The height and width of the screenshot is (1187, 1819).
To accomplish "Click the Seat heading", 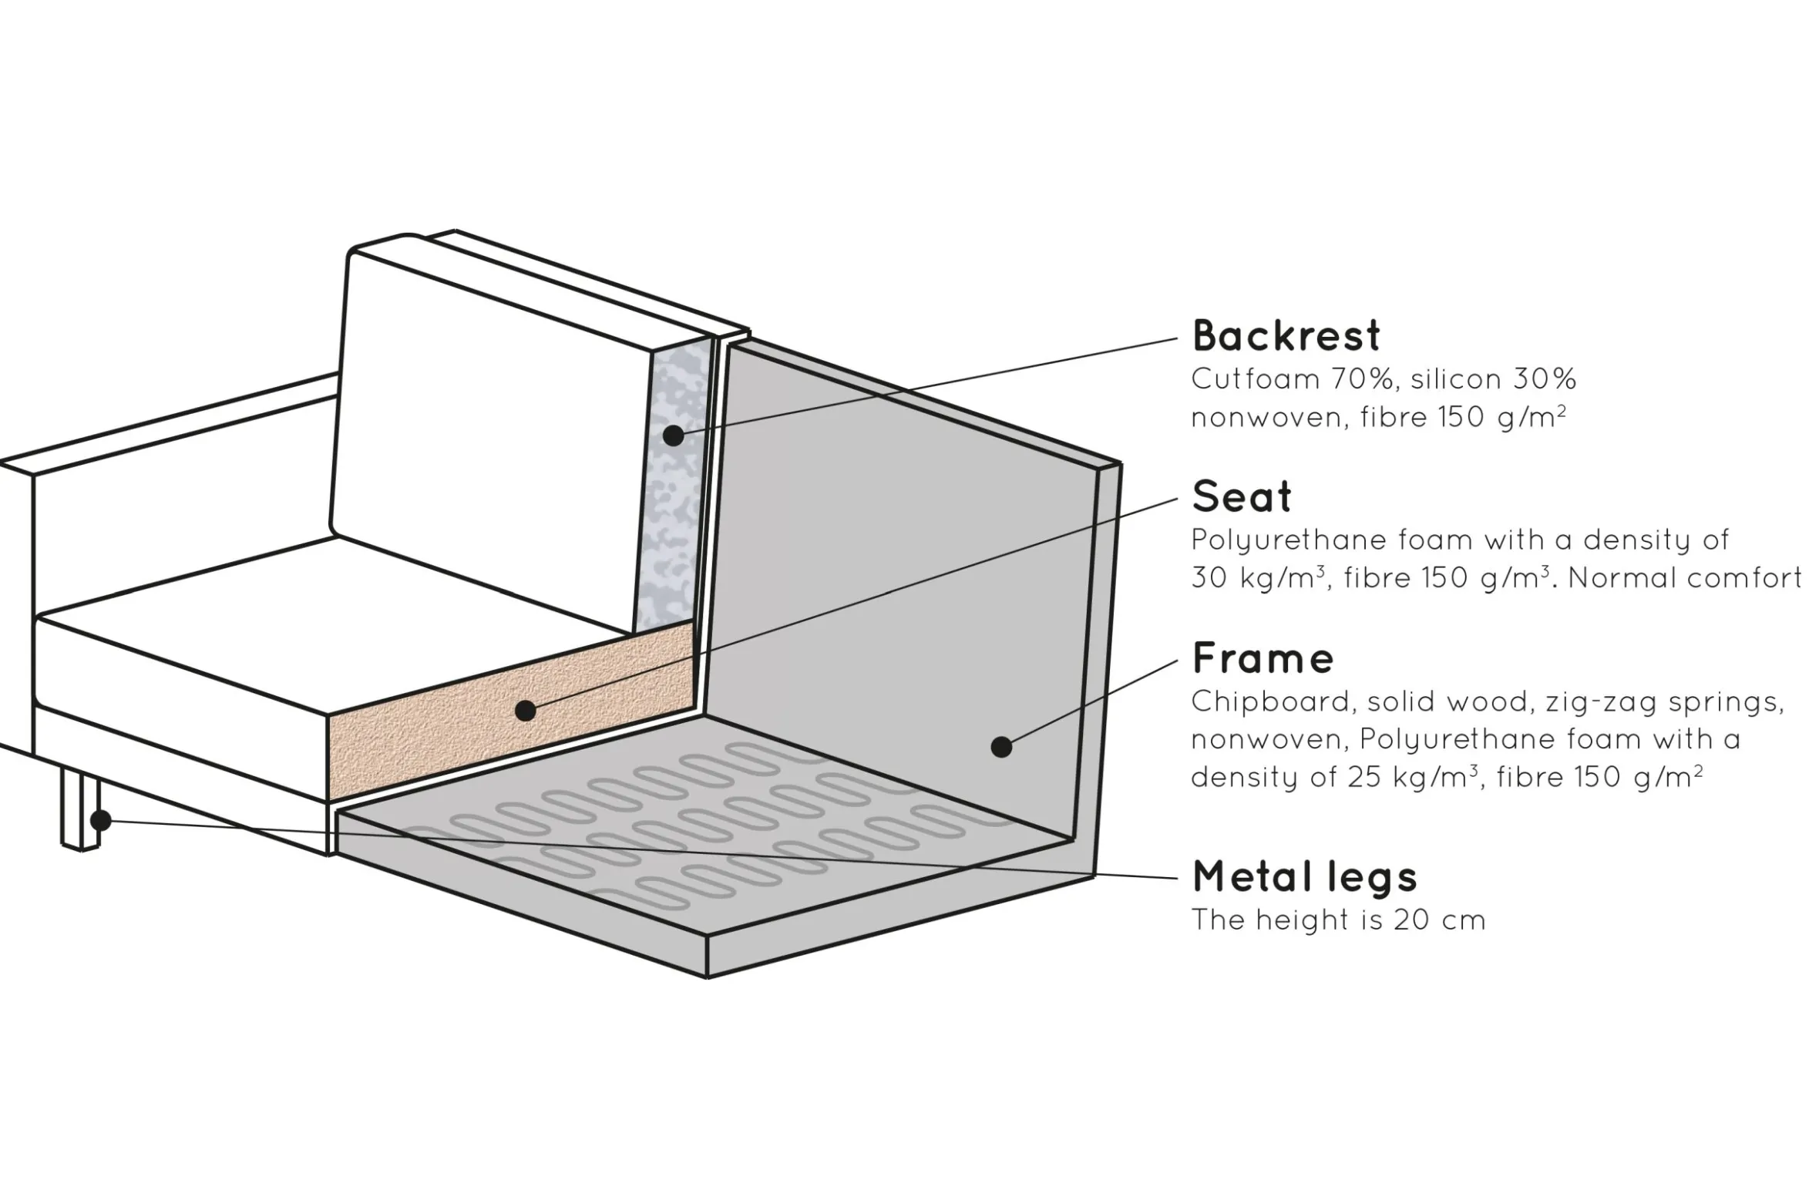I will click(x=1241, y=496).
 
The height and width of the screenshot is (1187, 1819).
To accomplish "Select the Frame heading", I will click(x=1263, y=658).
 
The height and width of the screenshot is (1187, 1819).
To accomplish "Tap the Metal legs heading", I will click(x=1304, y=876).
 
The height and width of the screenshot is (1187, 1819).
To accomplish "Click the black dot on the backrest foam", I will click(x=673, y=435).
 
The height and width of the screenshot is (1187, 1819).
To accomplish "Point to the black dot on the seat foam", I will click(x=525, y=710).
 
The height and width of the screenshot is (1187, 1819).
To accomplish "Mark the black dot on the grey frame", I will click(x=1001, y=746).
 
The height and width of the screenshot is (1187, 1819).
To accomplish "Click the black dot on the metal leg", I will click(x=100, y=819).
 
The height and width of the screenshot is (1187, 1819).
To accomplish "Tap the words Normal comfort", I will click(x=1685, y=577).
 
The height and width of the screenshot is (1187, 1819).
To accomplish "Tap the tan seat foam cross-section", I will click(x=432, y=732).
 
